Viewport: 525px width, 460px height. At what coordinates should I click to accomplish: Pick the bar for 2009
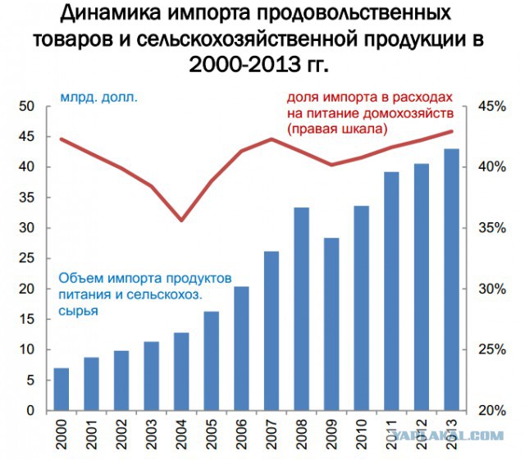(331, 324)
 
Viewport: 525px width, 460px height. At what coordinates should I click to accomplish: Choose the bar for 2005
(211, 361)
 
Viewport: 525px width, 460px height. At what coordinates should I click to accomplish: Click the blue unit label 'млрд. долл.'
(98, 98)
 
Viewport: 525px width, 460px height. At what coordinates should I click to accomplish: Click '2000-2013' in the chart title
(238, 63)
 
